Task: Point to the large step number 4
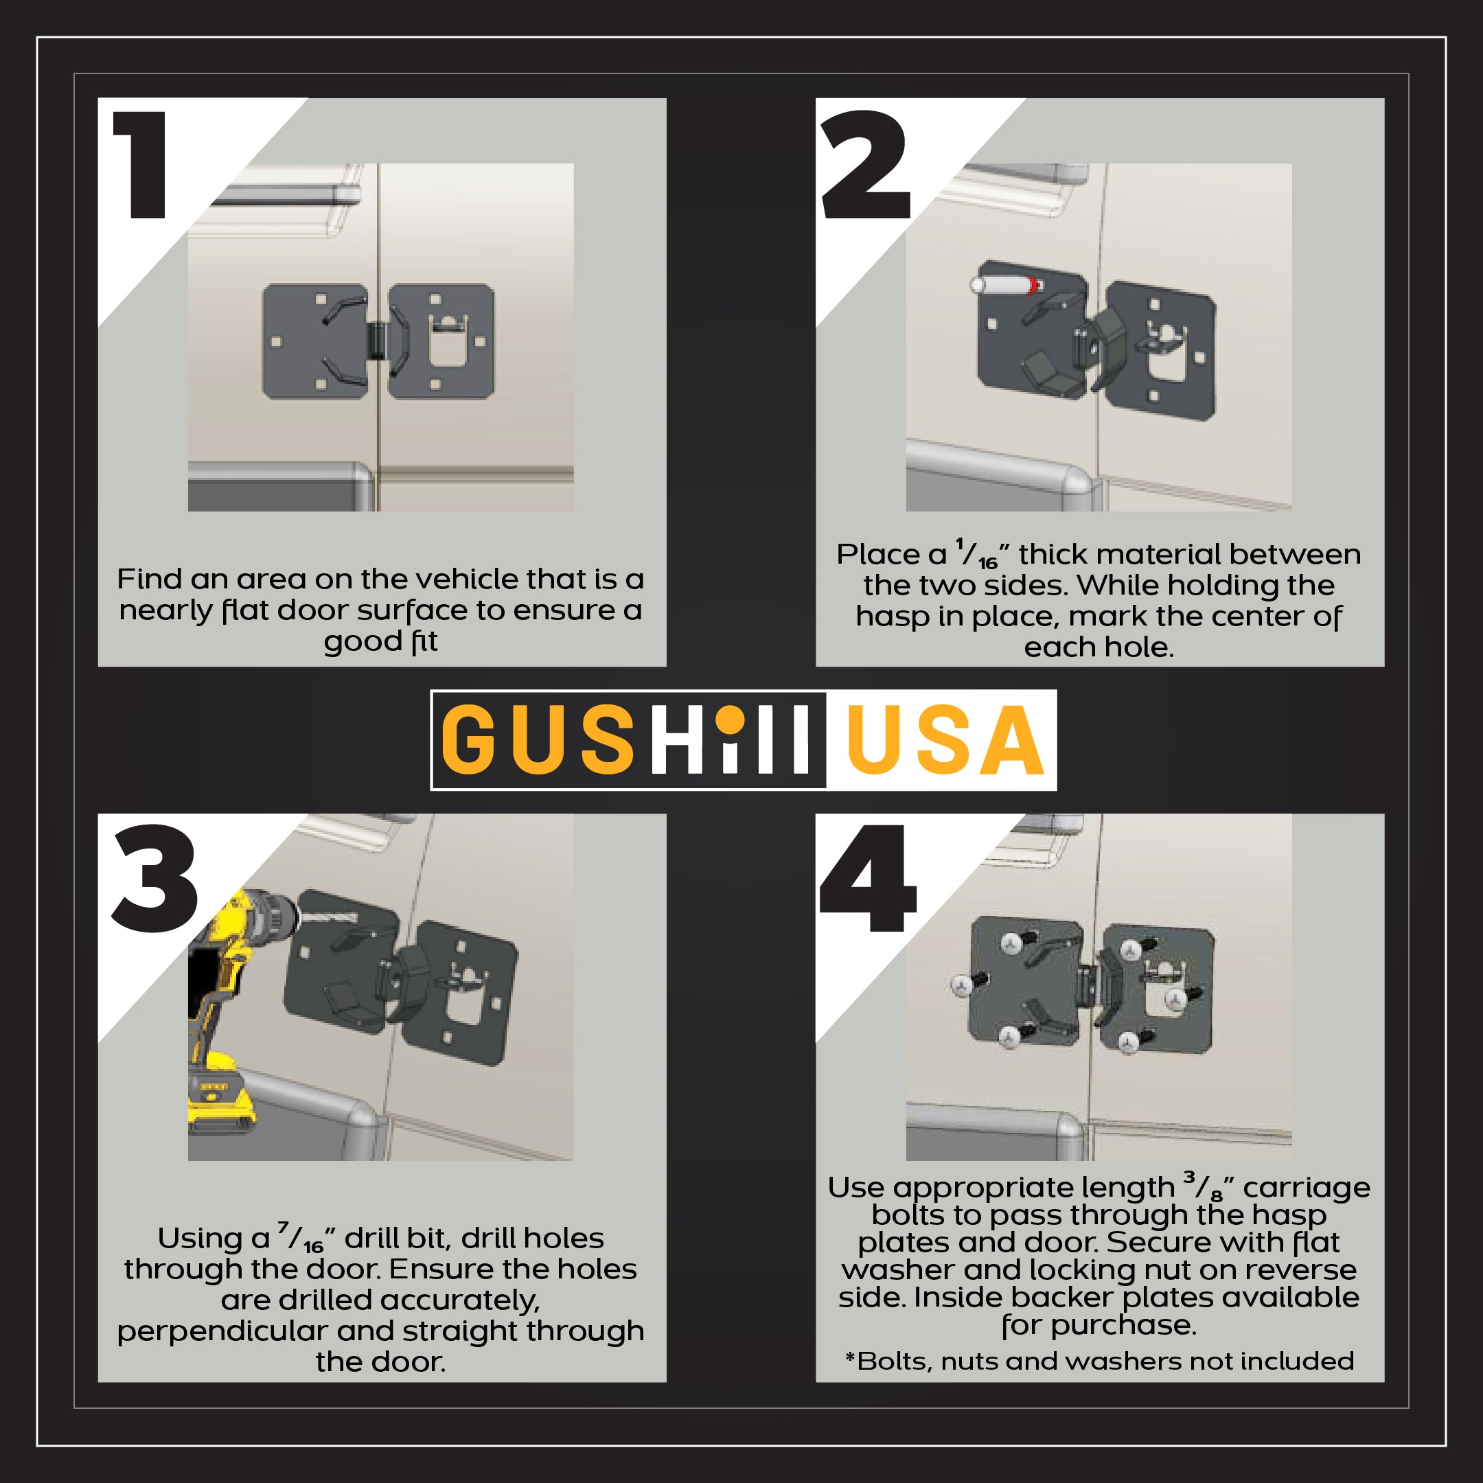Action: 868,880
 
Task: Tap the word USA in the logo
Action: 945,740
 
